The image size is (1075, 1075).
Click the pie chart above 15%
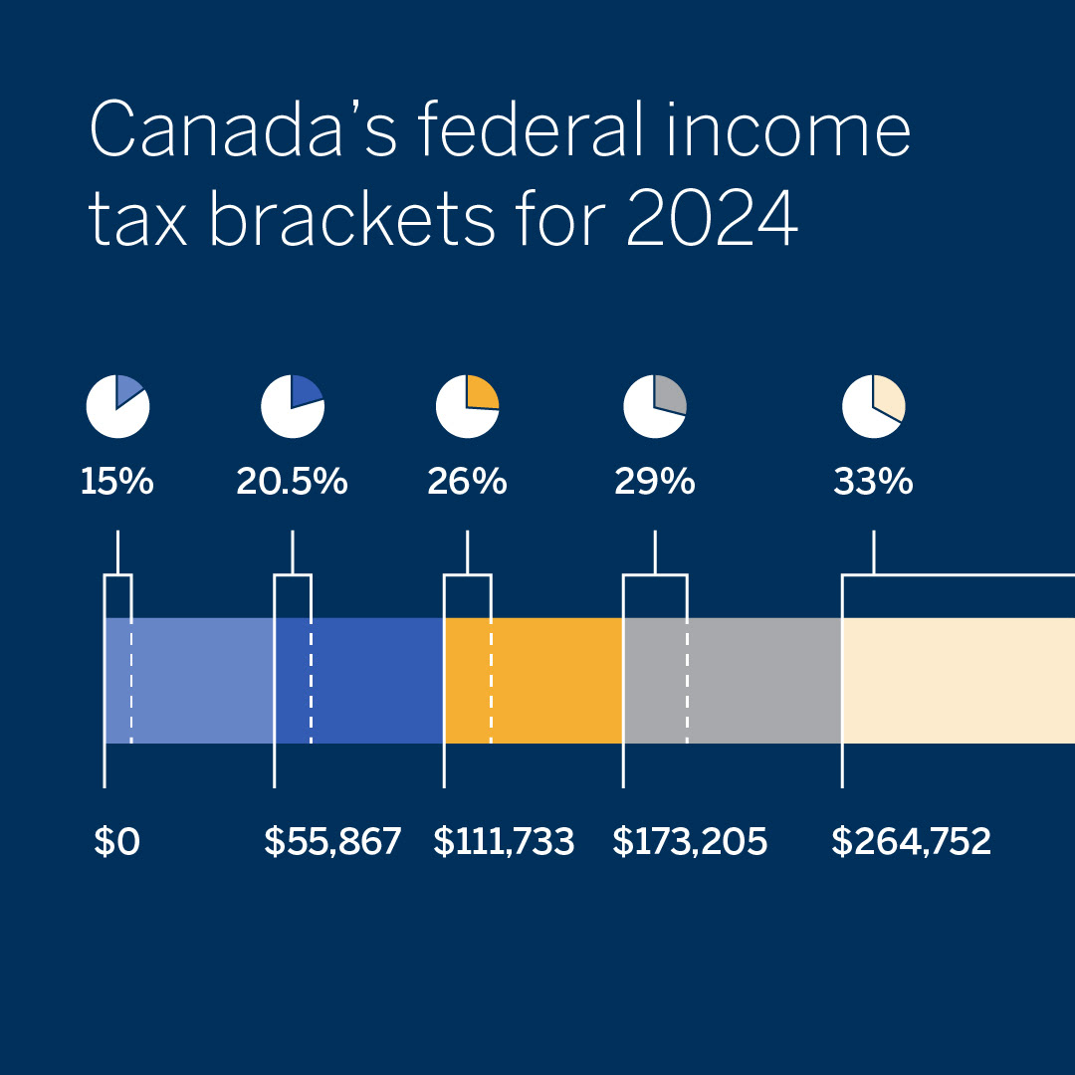(x=117, y=406)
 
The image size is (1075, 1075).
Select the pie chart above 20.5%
(x=293, y=406)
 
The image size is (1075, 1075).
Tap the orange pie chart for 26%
(x=467, y=406)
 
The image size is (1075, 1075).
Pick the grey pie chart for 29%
(x=655, y=406)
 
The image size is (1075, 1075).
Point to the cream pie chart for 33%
(x=874, y=406)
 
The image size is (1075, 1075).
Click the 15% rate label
(x=117, y=483)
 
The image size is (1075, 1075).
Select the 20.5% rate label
(x=292, y=483)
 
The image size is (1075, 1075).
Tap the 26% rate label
(x=467, y=483)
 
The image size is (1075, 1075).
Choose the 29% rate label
(x=654, y=483)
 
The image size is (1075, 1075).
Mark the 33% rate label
(x=873, y=483)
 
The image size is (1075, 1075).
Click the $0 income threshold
(x=117, y=842)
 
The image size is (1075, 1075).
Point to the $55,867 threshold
(x=332, y=842)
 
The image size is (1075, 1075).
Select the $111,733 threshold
(x=504, y=842)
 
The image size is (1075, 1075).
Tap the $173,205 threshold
(x=690, y=842)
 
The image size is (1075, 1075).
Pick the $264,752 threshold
(x=912, y=842)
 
